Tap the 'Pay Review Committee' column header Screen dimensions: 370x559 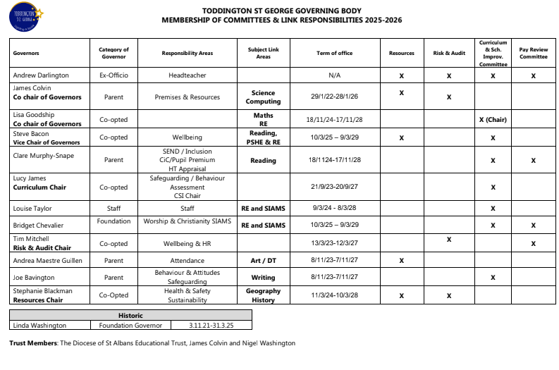click(x=533, y=54)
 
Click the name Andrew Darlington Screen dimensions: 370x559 click(x=38, y=75)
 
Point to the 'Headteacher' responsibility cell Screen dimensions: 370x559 click(x=187, y=75)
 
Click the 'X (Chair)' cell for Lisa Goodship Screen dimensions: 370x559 click(x=493, y=119)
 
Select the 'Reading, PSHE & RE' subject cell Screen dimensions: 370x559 click(x=263, y=137)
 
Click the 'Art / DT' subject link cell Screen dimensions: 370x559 click(x=263, y=261)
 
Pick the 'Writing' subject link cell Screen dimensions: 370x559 click(x=263, y=278)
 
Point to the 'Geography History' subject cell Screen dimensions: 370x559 click(x=263, y=295)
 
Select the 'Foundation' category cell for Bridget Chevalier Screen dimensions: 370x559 click(x=113, y=221)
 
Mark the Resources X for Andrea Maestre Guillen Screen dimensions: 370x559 click(x=401, y=261)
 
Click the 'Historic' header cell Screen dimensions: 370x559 click(x=130, y=316)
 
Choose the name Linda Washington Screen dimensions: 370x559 click(x=39, y=325)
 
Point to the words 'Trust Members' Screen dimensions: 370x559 click(x=34, y=343)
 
